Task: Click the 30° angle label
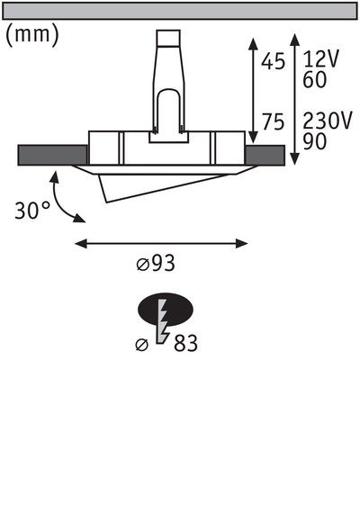pyautogui.click(x=33, y=211)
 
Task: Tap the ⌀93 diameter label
pyautogui.click(x=155, y=265)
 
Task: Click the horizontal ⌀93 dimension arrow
pyautogui.click(x=161, y=242)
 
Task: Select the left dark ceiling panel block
pyautogui.click(x=52, y=155)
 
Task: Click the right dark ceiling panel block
pyautogui.click(x=267, y=155)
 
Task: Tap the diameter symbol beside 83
pyautogui.click(x=141, y=345)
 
